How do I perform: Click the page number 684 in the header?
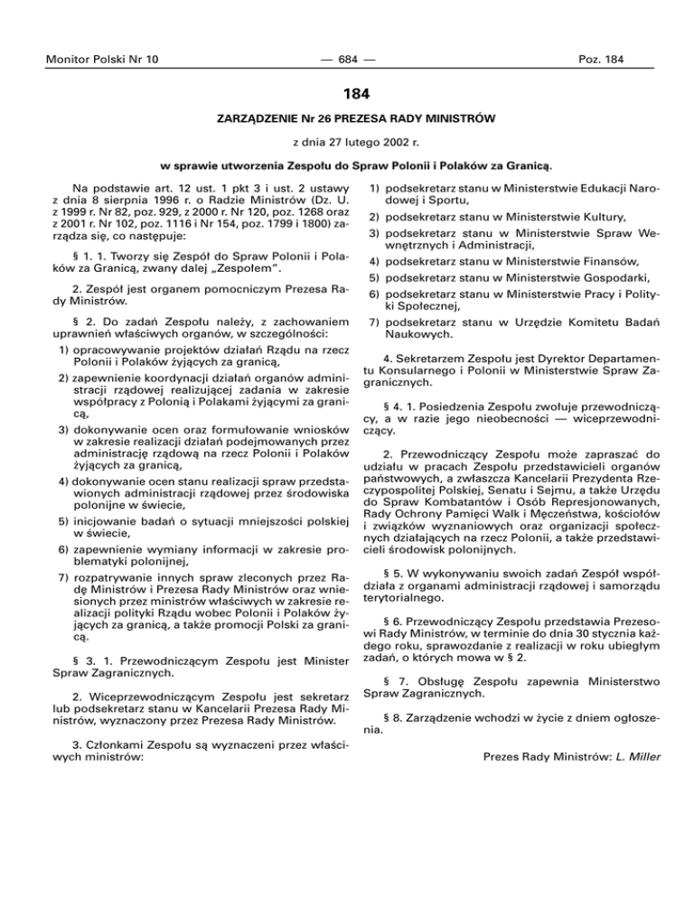pos(347,60)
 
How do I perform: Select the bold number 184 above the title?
pos(347,93)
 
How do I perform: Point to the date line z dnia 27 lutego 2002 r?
pos(347,144)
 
